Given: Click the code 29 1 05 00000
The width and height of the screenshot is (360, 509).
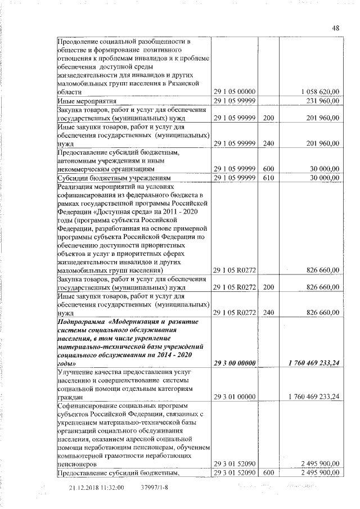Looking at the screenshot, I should [235, 92].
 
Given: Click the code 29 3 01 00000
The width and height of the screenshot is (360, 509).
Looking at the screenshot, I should [235, 397].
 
